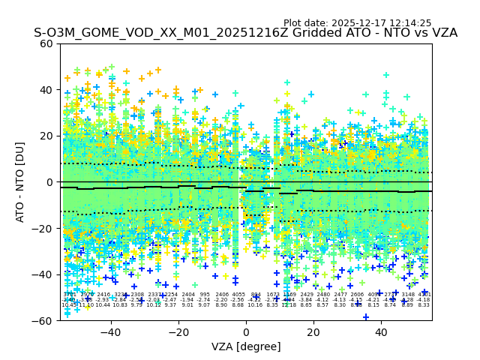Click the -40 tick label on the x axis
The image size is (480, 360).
click(110, 332)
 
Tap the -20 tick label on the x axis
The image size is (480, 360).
click(178, 332)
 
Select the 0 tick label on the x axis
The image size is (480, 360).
click(246, 332)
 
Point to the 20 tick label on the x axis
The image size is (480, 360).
click(313, 332)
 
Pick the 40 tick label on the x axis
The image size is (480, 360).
click(381, 332)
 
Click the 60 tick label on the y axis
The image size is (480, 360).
click(47, 43)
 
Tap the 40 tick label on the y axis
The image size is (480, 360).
click(47, 90)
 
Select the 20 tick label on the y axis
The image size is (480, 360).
click(47, 136)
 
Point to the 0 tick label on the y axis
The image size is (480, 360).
click(50, 182)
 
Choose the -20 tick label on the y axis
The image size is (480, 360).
click(43, 228)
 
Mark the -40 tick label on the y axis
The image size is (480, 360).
click(43, 274)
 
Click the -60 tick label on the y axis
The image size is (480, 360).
click(43, 320)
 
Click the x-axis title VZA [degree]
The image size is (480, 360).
click(246, 346)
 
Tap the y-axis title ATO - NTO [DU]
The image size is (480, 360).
click(21, 182)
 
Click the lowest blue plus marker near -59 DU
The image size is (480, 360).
click(366, 316)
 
